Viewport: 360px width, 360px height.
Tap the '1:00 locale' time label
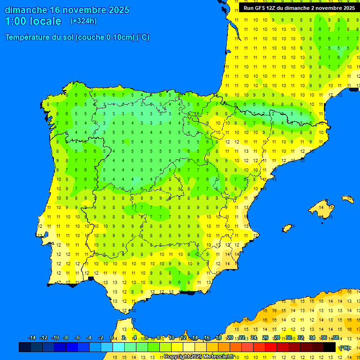pyautogui.click(x=33, y=21)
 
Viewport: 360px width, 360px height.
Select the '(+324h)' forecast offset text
pyautogui.click(x=83, y=21)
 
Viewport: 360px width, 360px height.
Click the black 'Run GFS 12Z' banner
pyautogui.click(x=299, y=8)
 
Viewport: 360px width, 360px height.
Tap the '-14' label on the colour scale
pyautogui.click(x=32, y=338)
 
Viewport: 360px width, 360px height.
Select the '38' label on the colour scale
pyautogui.click(x=335, y=338)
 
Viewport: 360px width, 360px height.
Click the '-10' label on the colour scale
pyautogui.click(x=55, y=338)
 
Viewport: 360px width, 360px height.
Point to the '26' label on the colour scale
pyautogui.click(x=265, y=338)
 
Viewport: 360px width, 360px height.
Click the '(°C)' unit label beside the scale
pyautogui.click(x=345, y=348)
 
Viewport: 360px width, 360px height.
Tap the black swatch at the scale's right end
pyautogui.click(x=330, y=347)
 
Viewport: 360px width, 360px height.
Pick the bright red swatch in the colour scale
pyautogui.click(x=271, y=347)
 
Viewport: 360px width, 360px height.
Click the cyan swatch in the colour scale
pyautogui.click(x=119, y=347)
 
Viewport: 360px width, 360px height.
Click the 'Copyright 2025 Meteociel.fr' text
pyautogui.click(x=199, y=357)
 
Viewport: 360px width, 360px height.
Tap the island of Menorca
pyautogui.click(x=347, y=199)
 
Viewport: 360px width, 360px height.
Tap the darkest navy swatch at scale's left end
pyautogui.click(x=25, y=347)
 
